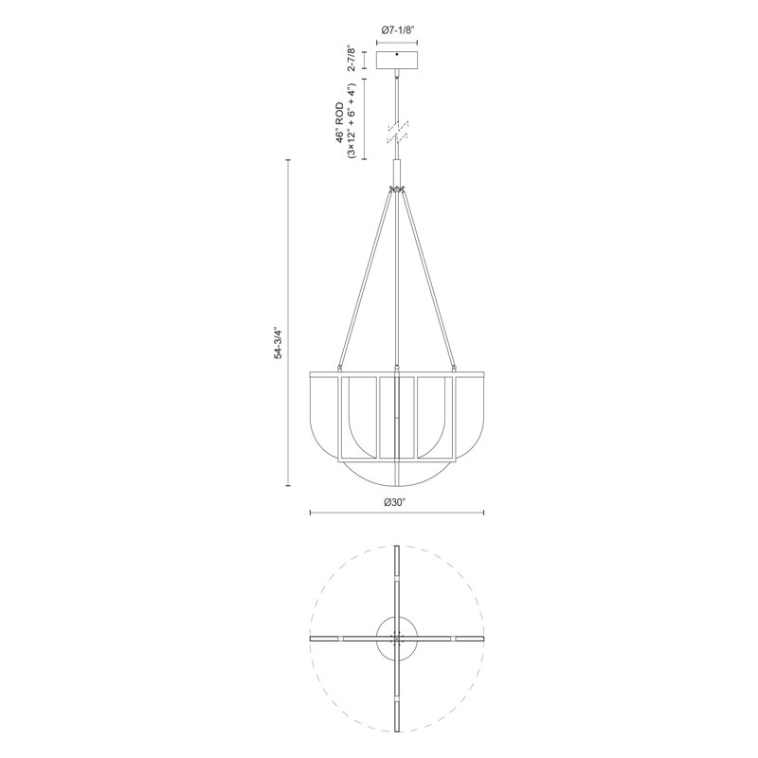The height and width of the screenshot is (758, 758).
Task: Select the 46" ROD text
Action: tap(338, 120)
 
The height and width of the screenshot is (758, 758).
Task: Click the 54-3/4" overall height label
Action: tap(278, 342)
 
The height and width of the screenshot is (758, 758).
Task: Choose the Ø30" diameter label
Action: tap(397, 501)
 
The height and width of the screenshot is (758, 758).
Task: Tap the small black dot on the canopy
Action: tap(397, 57)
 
